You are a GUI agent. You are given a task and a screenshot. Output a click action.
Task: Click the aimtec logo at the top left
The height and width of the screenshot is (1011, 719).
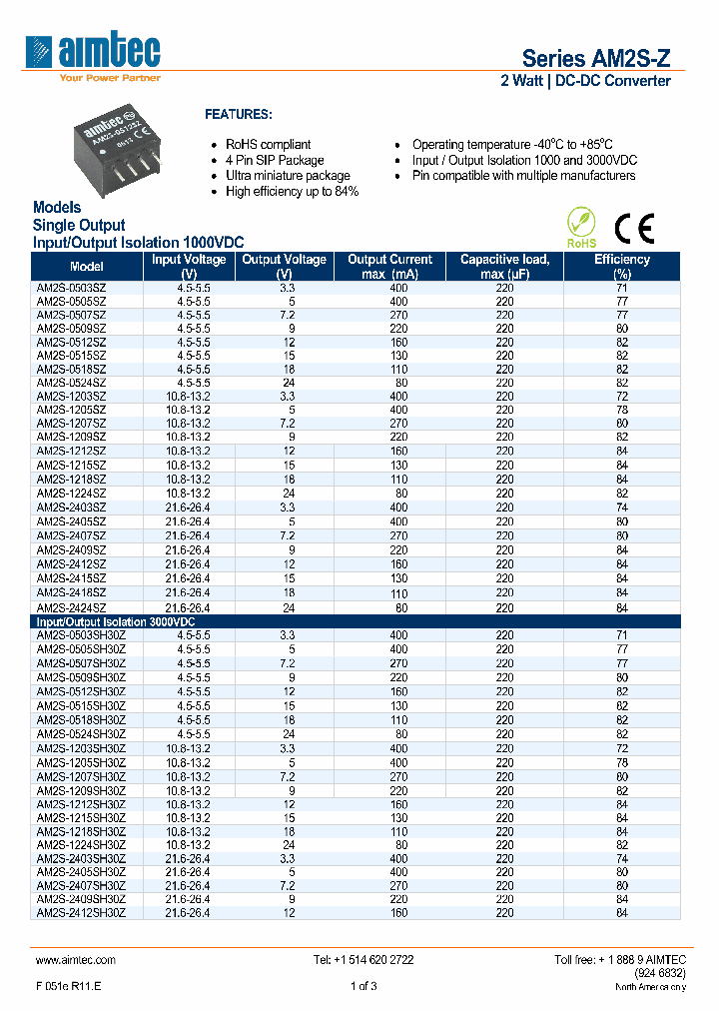[95, 51]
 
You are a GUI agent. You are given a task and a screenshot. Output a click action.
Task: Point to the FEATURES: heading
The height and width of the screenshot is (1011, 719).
[238, 115]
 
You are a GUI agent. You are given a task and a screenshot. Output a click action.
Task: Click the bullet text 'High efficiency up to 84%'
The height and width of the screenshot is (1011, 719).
[292, 191]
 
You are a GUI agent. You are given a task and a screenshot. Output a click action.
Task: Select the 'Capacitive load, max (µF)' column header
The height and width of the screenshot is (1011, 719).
[504, 266]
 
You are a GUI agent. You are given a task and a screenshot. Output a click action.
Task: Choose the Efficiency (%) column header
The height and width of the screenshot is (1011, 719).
[622, 266]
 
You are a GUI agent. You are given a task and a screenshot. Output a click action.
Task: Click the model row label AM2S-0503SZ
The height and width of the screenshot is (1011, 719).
[71, 288]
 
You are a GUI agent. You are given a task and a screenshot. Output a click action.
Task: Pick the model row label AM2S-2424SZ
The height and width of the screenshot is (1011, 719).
[71, 607]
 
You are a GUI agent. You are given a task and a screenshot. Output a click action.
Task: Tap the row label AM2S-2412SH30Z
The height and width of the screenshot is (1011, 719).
[81, 911]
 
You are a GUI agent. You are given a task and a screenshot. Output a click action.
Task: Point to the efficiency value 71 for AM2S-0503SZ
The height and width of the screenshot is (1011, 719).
[622, 288]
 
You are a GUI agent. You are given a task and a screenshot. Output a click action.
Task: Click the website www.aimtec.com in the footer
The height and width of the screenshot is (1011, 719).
[76, 959]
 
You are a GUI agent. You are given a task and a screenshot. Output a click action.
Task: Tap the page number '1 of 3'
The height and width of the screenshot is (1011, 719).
[363, 987]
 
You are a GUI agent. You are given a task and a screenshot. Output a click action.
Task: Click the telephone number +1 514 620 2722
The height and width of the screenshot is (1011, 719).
[363, 959]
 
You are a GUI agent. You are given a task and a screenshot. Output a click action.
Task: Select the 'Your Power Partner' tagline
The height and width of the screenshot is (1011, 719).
[110, 77]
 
